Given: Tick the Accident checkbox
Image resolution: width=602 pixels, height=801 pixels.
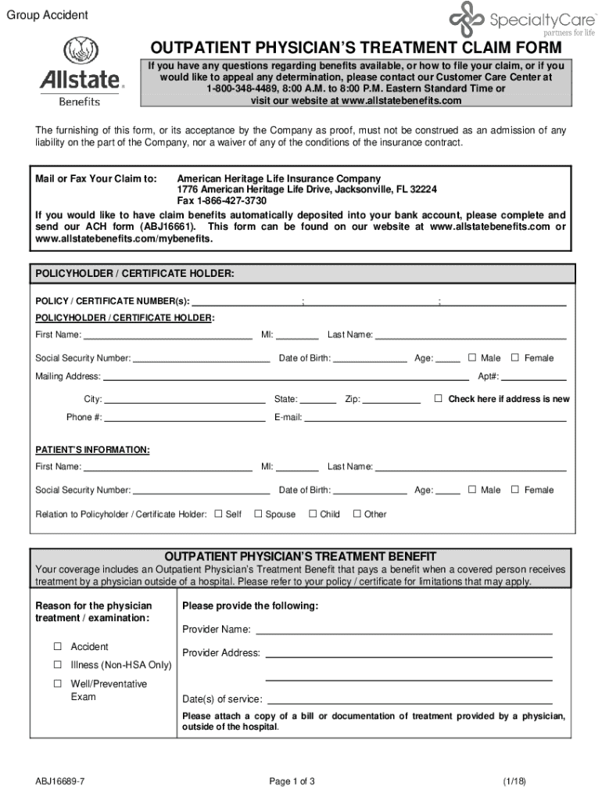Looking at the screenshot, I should click(x=57, y=647).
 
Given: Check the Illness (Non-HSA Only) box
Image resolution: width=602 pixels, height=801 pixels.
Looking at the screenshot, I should click(x=57, y=665).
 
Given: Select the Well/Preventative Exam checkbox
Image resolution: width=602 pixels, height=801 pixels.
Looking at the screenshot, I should click(x=57, y=684).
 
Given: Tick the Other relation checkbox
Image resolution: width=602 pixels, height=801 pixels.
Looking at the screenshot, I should click(x=357, y=514).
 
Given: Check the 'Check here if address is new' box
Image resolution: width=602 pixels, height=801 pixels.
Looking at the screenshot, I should click(x=439, y=399).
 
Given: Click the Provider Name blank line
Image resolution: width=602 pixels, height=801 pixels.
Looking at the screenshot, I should click(x=403, y=630).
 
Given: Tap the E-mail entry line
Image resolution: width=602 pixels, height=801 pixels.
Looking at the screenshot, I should click(x=435, y=418).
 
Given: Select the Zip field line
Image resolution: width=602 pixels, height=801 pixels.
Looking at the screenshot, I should click(x=392, y=400).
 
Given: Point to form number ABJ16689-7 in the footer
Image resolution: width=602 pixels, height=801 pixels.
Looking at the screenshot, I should click(x=59, y=781).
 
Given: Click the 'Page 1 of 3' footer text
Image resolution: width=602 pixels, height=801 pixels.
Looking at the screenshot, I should click(x=292, y=781).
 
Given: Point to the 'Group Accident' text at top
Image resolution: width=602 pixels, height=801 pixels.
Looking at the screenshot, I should click(x=47, y=16).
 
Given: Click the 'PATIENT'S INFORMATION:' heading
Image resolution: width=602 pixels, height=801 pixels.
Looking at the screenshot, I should click(x=92, y=450).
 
